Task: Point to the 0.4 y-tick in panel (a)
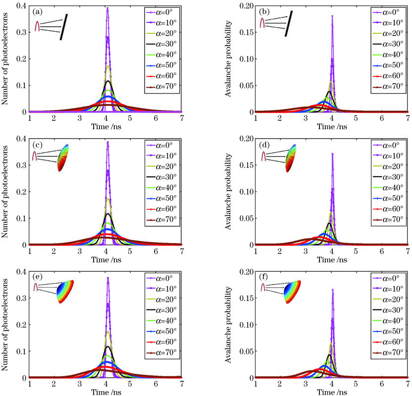(21, 5)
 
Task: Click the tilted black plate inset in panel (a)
(62, 28)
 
